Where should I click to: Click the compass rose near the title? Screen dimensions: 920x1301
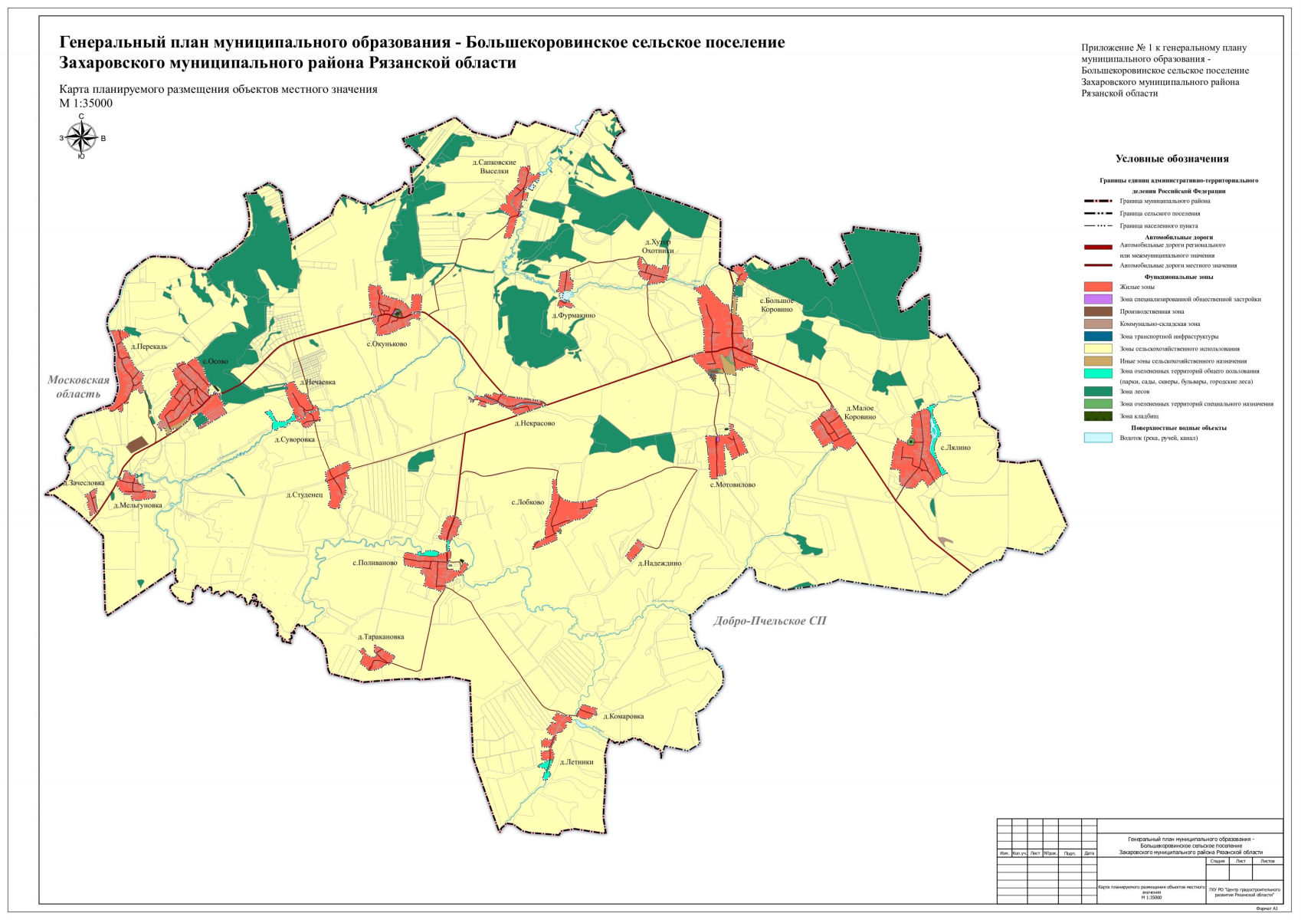(80, 138)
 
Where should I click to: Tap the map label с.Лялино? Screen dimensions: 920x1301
(955, 448)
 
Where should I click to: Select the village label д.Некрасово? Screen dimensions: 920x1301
(534, 423)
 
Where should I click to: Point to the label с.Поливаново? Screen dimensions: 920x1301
(375, 563)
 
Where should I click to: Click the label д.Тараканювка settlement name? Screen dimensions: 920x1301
(381, 637)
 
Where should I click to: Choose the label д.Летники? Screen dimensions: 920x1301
(576, 762)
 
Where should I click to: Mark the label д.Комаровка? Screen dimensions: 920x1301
(623, 717)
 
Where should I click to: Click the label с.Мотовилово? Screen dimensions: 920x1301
(732, 485)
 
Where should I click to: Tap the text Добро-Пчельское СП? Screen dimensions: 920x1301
(769, 621)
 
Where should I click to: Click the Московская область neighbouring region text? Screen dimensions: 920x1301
(78, 386)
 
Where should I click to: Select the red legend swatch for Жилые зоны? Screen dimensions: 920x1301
(1098, 287)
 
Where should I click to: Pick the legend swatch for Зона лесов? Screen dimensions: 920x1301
(1098, 392)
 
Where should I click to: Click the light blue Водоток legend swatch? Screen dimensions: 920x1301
(1098, 438)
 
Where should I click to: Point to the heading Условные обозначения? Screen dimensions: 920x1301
(1172, 159)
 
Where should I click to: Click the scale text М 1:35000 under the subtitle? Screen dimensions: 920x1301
(86, 103)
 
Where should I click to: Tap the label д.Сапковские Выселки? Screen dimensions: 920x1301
(494, 167)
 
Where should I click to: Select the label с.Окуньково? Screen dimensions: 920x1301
(386, 344)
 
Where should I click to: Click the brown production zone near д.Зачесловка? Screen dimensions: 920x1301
(137, 445)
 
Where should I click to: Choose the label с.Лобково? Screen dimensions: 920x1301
(527, 503)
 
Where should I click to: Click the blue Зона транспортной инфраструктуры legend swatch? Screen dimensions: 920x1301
(1098, 337)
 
